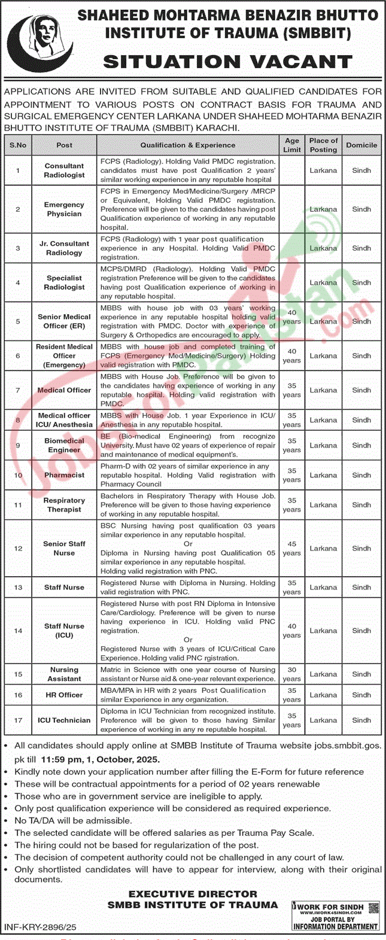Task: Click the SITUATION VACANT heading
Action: point(227,62)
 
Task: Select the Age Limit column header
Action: point(292,145)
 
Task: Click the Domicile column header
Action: point(361,145)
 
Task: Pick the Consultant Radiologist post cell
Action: point(64,171)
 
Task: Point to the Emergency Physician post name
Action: point(64,209)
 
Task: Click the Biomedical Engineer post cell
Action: point(64,445)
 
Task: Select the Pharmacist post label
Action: point(64,475)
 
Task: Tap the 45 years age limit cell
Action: point(292,549)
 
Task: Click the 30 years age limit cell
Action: point(292,674)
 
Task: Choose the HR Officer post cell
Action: point(64,695)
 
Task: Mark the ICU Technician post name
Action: point(64,720)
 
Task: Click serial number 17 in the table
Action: point(18,720)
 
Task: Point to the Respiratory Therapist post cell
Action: point(64,505)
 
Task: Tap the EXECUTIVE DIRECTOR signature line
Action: point(193,895)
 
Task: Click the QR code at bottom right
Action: point(373,907)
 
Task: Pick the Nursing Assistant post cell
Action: point(64,674)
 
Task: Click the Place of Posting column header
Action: point(324,145)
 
